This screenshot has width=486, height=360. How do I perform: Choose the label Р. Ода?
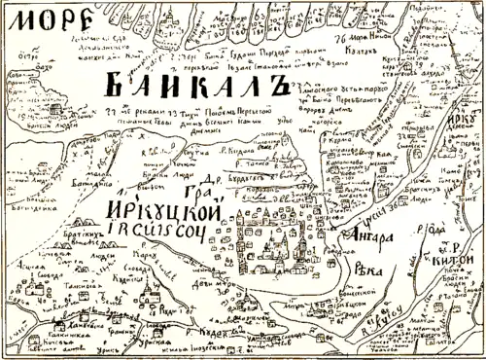point(436,232)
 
